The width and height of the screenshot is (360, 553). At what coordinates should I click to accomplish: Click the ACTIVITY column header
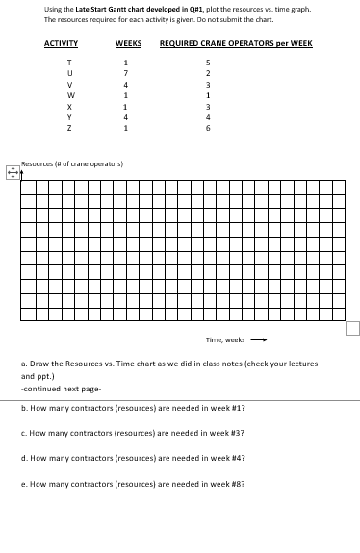[x=61, y=44]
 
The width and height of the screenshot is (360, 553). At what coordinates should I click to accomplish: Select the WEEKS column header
[x=128, y=44]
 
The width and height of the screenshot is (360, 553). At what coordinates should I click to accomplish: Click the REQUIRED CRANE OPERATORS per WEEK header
[x=235, y=44]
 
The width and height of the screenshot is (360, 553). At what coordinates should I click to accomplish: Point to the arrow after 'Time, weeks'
[x=257, y=339]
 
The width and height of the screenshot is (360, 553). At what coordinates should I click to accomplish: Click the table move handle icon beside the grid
[x=12, y=173]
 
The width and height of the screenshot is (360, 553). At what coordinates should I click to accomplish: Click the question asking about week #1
[x=132, y=408]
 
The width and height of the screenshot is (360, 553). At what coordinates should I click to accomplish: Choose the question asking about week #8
[x=132, y=484]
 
